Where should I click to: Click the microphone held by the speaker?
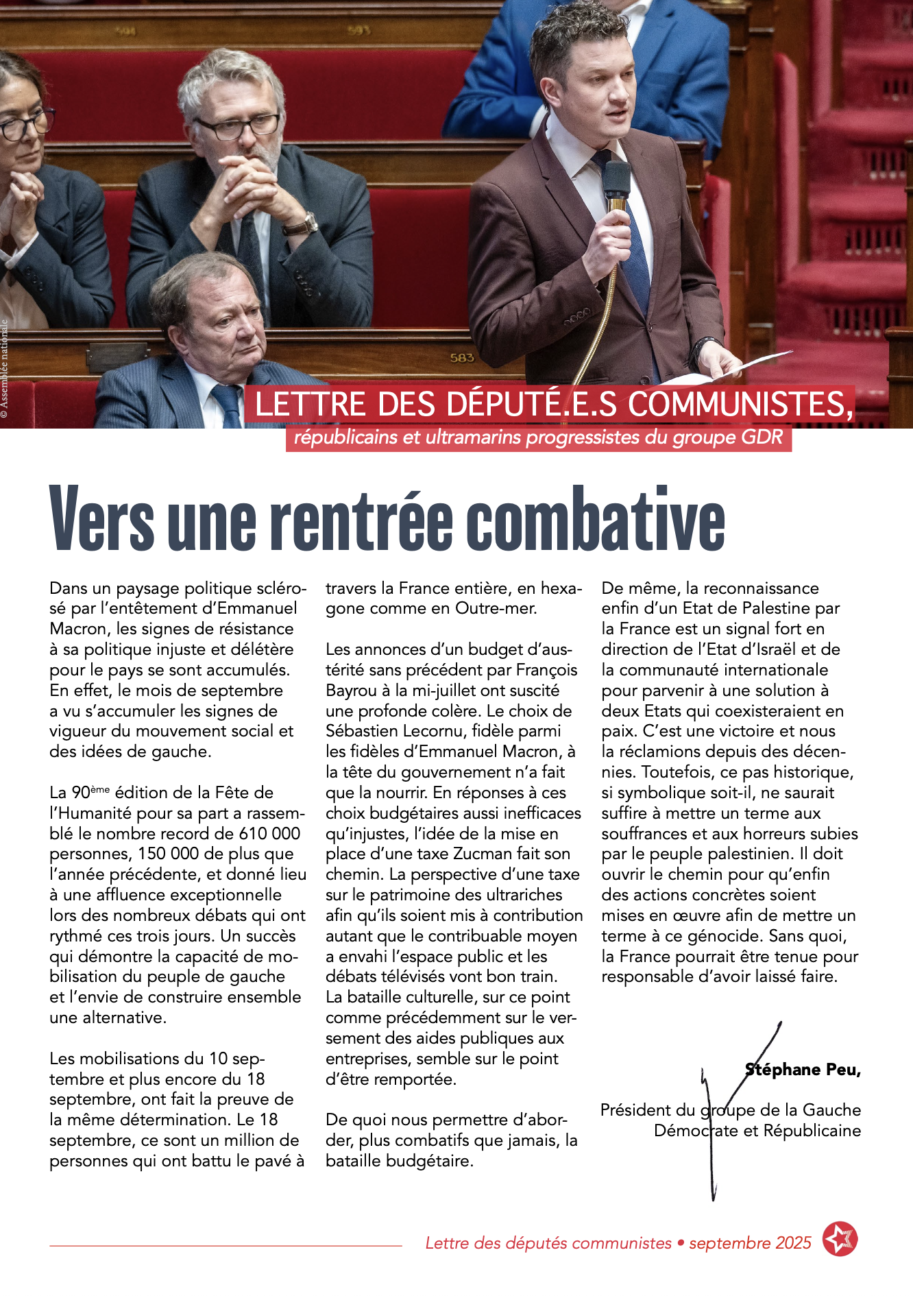(x=616, y=180)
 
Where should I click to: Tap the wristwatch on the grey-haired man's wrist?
(x=302, y=224)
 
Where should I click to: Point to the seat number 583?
(x=462, y=357)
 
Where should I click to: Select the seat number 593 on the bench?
(x=358, y=31)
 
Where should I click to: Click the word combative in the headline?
(x=596, y=519)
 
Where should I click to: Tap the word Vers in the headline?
(x=102, y=519)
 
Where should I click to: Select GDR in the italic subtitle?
(x=761, y=437)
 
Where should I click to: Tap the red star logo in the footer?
(x=840, y=1239)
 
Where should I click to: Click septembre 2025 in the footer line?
(x=750, y=1243)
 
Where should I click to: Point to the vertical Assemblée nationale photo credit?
(x=5, y=368)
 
